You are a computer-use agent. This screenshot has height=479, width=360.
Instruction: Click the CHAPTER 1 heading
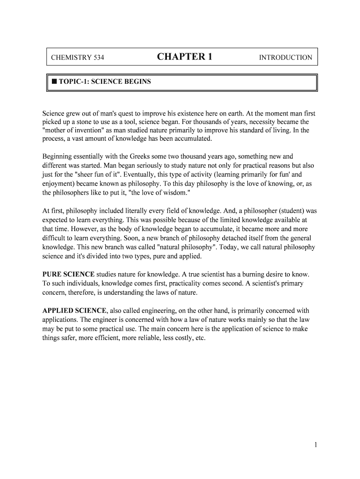[x=185, y=57]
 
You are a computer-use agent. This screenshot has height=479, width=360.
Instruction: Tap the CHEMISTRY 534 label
[x=78, y=58]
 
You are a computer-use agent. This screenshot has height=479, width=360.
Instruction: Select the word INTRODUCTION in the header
[x=285, y=58]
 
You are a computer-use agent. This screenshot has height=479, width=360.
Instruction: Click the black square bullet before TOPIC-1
[x=54, y=81]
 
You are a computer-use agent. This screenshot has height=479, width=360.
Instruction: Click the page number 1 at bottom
[x=316, y=445]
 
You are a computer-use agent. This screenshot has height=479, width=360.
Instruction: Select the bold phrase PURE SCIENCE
[x=68, y=274]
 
